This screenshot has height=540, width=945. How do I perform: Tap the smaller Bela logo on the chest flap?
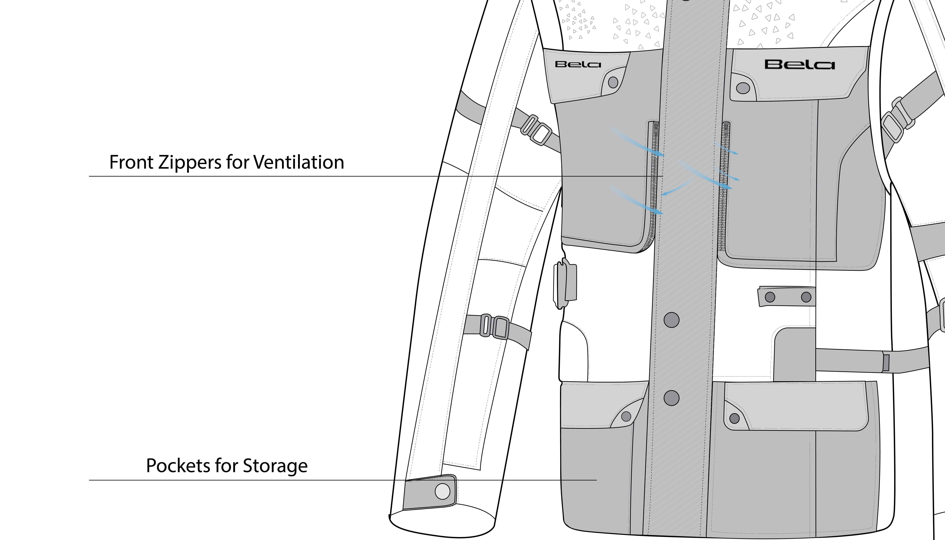coord(578,64)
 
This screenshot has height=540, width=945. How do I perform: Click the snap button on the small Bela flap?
coord(613,82)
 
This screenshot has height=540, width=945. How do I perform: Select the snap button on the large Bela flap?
coord(743,88)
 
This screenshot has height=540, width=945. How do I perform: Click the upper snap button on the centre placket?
coord(671,320)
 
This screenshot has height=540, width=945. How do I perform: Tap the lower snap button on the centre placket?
coord(671,398)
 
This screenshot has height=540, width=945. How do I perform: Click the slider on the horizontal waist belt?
coord(886,363)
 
